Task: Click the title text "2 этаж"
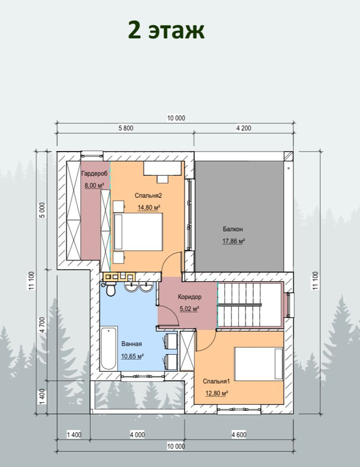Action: click(x=166, y=30)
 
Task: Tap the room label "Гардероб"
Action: click(x=94, y=173)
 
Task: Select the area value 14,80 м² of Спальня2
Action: click(x=149, y=207)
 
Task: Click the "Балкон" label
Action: click(x=233, y=229)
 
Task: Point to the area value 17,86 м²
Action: click(x=234, y=241)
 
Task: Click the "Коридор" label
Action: click(x=190, y=297)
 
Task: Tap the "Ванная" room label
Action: click(x=132, y=344)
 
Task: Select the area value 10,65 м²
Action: click(x=132, y=356)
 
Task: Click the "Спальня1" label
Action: click(x=216, y=381)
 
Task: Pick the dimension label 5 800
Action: click(x=126, y=128)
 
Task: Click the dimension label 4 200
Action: click(x=243, y=128)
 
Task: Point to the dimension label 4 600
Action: click(x=239, y=435)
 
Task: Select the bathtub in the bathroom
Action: click(x=108, y=348)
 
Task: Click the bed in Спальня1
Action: click(x=259, y=364)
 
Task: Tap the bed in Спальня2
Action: click(x=138, y=232)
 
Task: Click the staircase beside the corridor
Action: click(x=250, y=305)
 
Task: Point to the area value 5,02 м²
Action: click(x=190, y=309)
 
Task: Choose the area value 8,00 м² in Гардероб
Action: click(x=95, y=186)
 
